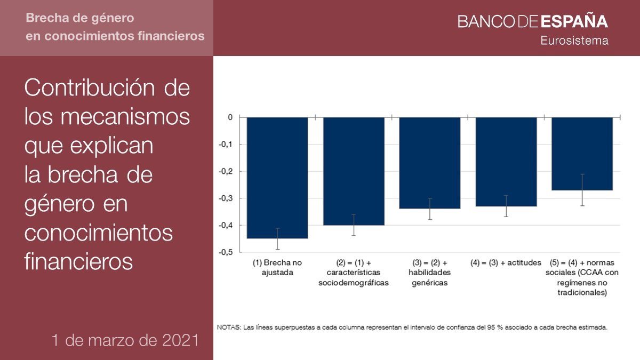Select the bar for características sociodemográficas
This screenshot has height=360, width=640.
coord(354,171)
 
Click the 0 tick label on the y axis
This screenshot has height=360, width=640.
coord(230,117)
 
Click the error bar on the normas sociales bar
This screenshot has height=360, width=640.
coord(582,190)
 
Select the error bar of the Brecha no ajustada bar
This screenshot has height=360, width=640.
coord(277,238)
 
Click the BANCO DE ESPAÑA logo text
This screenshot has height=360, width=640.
coord(532,22)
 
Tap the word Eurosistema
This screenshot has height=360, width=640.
coord(574,41)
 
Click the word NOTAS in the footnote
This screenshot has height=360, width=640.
coord(229,327)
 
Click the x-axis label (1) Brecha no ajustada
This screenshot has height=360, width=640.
coord(277,267)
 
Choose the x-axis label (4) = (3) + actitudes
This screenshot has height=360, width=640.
coord(506,263)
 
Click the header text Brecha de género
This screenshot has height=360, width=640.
coord(80,19)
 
